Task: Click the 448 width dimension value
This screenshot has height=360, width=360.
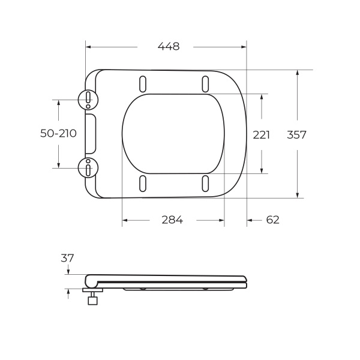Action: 169,46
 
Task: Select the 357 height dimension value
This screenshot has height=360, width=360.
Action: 296,135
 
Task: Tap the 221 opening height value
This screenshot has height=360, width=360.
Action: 261,135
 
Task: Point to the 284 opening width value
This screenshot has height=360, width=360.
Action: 172,220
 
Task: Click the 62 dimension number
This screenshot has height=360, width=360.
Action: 272,220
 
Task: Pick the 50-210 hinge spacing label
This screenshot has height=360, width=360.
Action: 58,133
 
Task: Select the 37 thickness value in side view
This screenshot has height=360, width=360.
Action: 67,258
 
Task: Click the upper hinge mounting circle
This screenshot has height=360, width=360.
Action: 88,99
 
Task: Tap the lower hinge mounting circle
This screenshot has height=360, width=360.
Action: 88,168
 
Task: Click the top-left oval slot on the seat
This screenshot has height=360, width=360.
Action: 143,83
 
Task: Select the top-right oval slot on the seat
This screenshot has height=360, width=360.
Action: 205,83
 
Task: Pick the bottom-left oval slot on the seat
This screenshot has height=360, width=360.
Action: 143,184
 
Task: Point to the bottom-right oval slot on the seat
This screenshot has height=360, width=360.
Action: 205,184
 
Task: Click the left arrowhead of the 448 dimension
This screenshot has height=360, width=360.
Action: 88,46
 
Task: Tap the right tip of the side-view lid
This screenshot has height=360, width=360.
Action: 245,281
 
